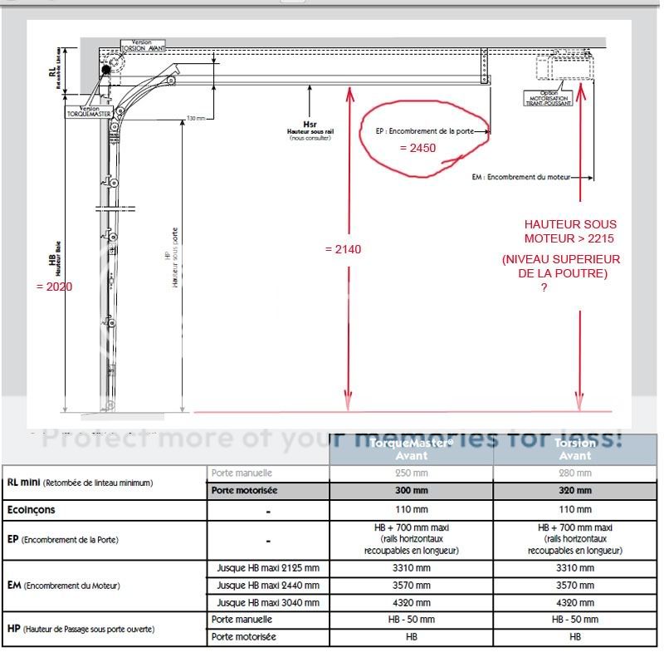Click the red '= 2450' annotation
tap(417, 149)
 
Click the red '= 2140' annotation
tap(343, 249)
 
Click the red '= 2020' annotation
tap(55, 287)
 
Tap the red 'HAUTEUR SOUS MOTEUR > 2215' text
tap(570, 232)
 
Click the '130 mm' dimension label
tap(196, 118)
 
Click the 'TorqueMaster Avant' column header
tap(411, 449)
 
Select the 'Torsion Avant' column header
tap(575, 449)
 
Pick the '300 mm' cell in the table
tap(411, 491)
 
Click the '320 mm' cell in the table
tap(575, 491)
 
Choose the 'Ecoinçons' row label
tap(32, 510)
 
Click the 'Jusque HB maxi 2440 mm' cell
tap(267, 586)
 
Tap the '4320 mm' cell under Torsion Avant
tap(575, 602)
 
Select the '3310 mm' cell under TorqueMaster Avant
tap(411, 569)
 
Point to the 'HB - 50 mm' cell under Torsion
tap(575, 620)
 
